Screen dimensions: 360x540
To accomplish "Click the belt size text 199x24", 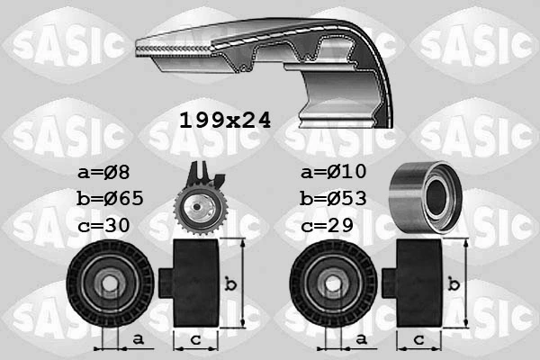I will (224, 119).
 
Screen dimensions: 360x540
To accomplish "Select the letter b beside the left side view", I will (230, 285).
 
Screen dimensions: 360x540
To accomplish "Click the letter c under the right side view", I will (418, 339).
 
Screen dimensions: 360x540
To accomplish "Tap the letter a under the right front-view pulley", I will (360, 338).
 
